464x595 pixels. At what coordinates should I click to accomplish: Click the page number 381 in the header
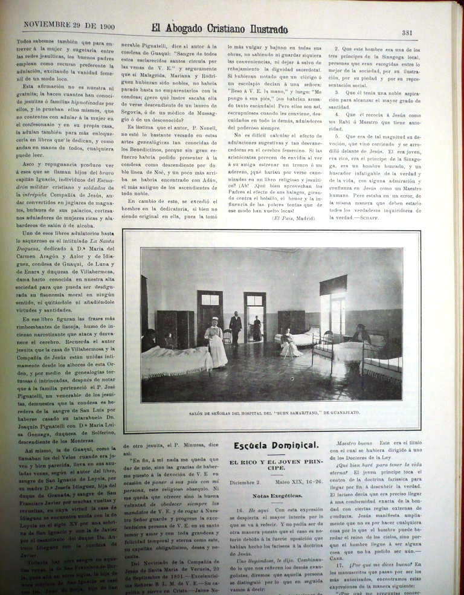click(407, 33)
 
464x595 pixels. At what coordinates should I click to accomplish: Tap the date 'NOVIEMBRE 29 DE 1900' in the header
click(69, 26)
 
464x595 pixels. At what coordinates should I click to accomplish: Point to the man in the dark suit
click(236, 327)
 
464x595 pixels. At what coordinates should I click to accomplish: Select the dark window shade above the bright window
click(333, 285)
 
